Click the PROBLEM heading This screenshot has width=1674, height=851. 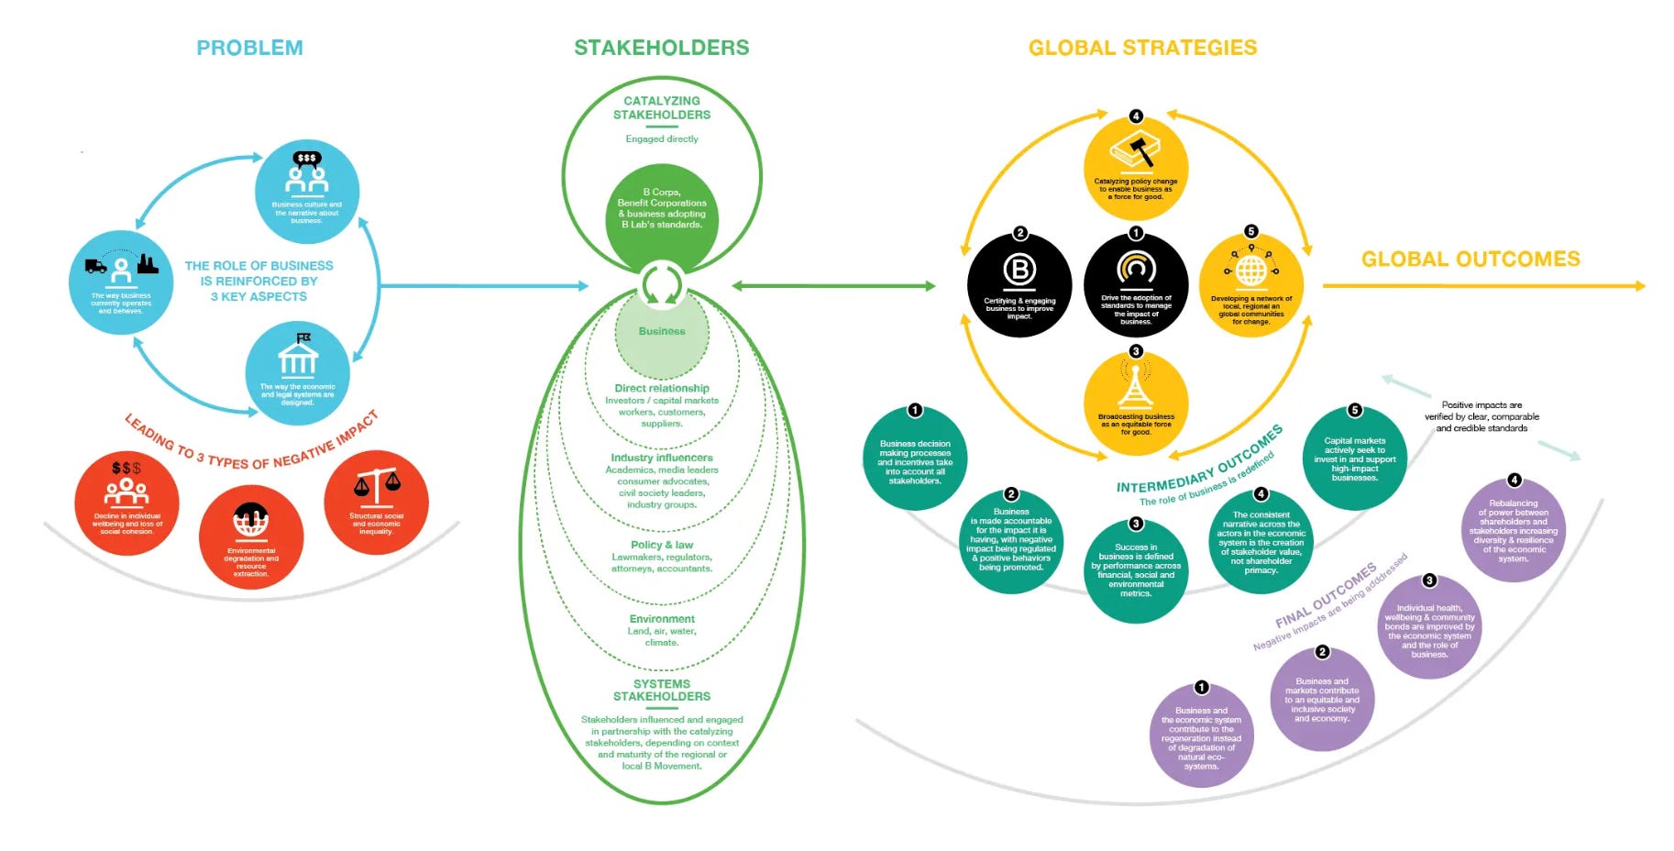[249, 48]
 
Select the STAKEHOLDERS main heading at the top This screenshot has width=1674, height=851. [661, 48]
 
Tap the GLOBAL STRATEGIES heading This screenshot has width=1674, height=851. [1142, 48]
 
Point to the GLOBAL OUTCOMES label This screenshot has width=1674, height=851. [1470, 260]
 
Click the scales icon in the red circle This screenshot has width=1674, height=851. [377, 487]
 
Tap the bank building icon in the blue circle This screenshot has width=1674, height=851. [298, 356]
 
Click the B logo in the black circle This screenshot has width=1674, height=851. [1019, 271]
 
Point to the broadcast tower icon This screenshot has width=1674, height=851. [1136, 387]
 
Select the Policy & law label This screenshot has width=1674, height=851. [662, 545]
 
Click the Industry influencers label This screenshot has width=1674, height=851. [662, 458]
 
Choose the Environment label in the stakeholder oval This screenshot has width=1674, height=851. [662, 619]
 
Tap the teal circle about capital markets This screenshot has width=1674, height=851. [1355, 459]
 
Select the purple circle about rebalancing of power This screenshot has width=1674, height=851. [1514, 530]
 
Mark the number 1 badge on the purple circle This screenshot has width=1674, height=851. [1201, 688]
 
